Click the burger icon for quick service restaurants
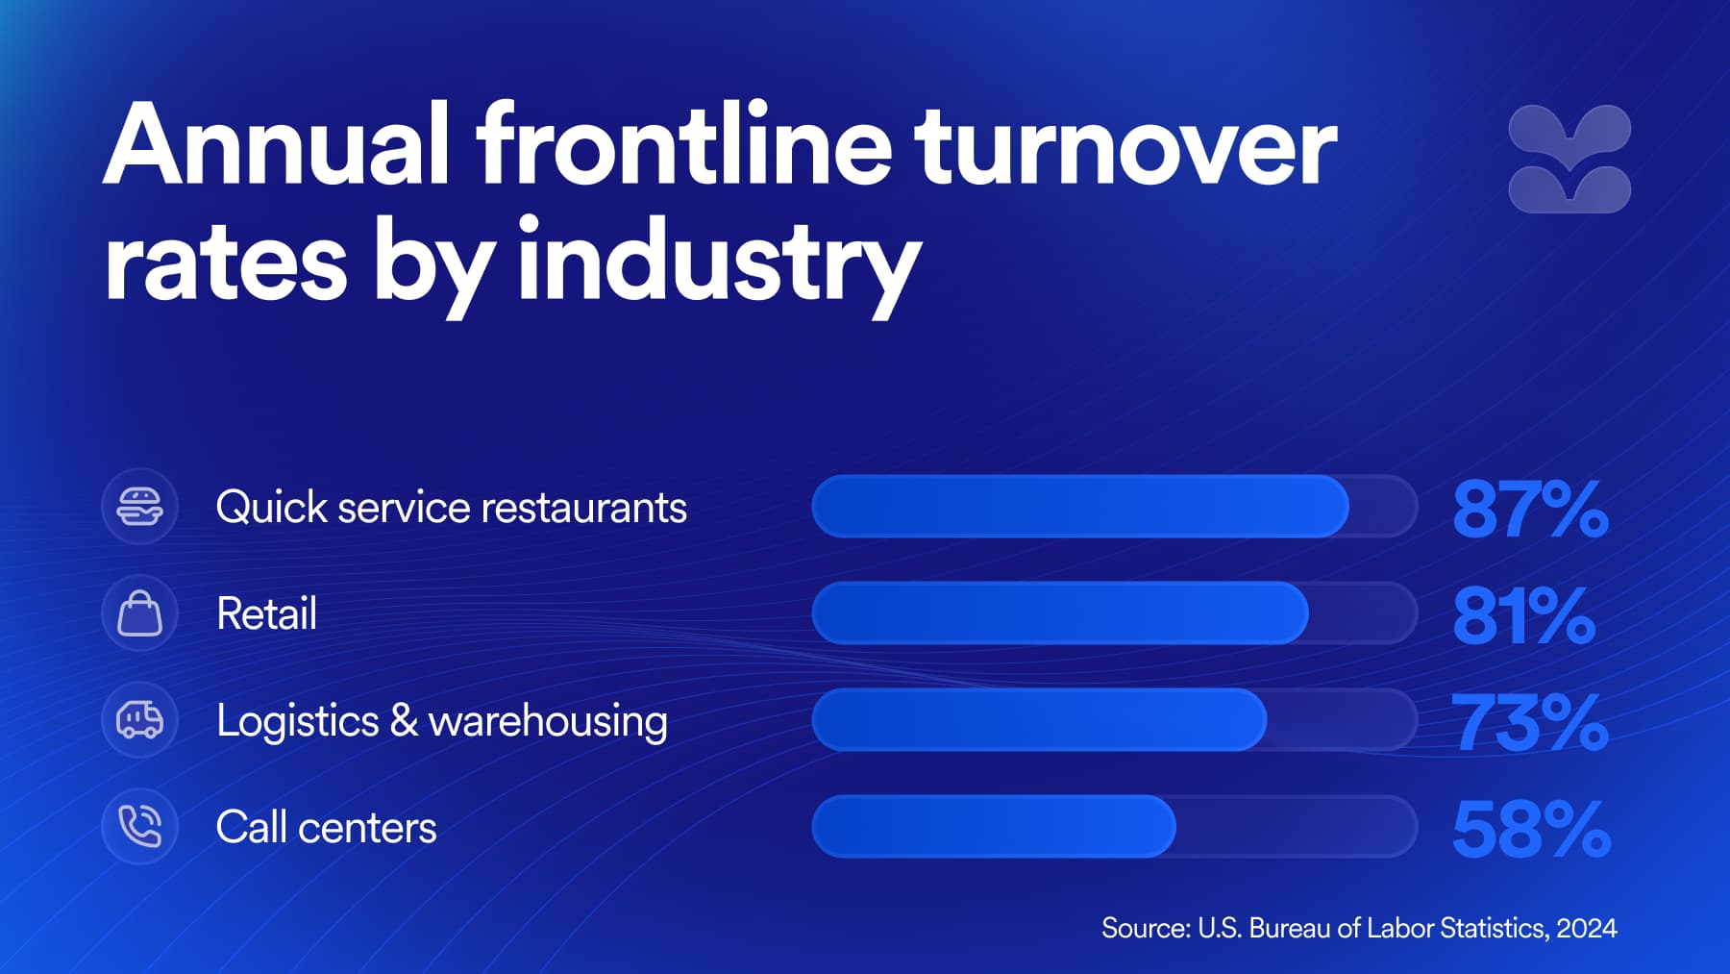click(x=139, y=507)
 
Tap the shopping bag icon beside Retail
click(x=139, y=613)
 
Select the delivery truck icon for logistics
click(x=139, y=720)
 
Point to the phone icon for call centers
click(x=139, y=827)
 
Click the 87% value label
click(x=1530, y=509)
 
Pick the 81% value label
click(x=1524, y=615)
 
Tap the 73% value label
click(x=1530, y=722)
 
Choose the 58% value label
click(x=1531, y=829)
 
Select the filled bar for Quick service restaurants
click(x=1080, y=507)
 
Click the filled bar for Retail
click(x=1060, y=613)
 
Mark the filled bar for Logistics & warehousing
click(x=1039, y=720)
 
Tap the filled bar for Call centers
click(x=994, y=827)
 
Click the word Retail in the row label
click(x=266, y=613)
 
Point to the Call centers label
click(x=326, y=827)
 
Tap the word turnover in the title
click(x=1125, y=146)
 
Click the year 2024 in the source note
click(x=1587, y=928)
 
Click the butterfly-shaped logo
click(x=1569, y=159)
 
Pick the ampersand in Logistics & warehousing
click(x=404, y=720)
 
